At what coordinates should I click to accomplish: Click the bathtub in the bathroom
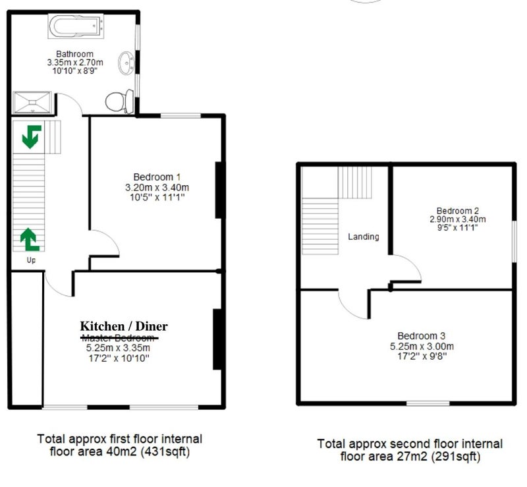coord(76,26)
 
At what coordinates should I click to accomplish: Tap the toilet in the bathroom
coord(120,101)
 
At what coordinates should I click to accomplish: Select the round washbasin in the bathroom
coord(126,63)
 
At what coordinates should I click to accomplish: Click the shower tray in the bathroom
coord(32,102)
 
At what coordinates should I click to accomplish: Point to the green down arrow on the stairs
coord(32,136)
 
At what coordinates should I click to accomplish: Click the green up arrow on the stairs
coord(30,240)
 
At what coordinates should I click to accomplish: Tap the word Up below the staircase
coord(31,260)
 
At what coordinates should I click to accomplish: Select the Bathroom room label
coord(74,54)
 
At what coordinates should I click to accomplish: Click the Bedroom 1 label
coord(157,177)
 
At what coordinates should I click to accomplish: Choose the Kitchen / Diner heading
coord(124,326)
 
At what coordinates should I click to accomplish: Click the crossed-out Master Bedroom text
coord(119,337)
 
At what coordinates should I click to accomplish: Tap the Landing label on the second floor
coord(364,237)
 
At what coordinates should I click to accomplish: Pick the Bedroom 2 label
coord(457,211)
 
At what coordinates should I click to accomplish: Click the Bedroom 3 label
coord(421,335)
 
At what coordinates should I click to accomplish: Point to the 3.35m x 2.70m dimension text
coord(75,63)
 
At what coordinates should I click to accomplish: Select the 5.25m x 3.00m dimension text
coord(422,346)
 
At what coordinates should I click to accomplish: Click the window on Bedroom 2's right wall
coord(514,241)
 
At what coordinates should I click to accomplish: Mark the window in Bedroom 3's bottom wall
coord(428,403)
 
